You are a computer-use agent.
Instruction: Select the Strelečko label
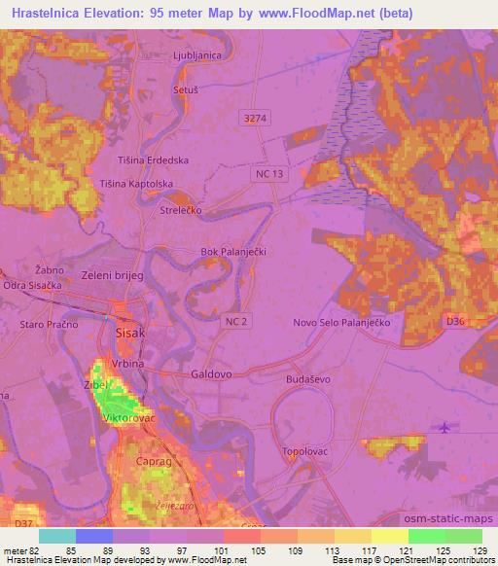coord(180,210)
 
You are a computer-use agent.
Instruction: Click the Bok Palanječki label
coord(232,251)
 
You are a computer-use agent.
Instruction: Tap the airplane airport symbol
coord(445,427)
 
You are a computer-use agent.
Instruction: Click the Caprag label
coord(153,463)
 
